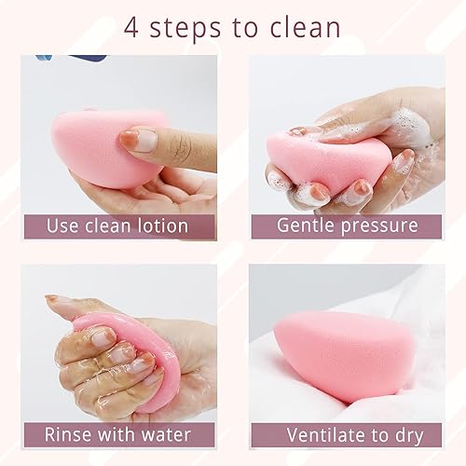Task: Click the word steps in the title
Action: click(x=189, y=27)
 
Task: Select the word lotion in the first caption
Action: click(x=155, y=226)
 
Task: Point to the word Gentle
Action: click(x=308, y=226)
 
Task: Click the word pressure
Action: click(x=383, y=226)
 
